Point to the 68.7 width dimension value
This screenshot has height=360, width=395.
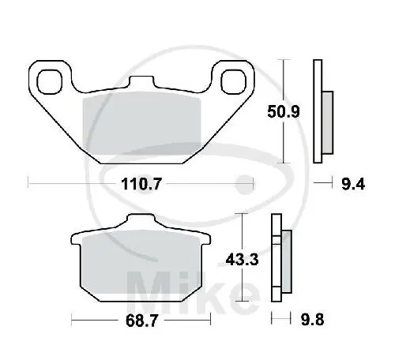[141, 321]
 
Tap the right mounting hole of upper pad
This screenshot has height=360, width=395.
[234, 79]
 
